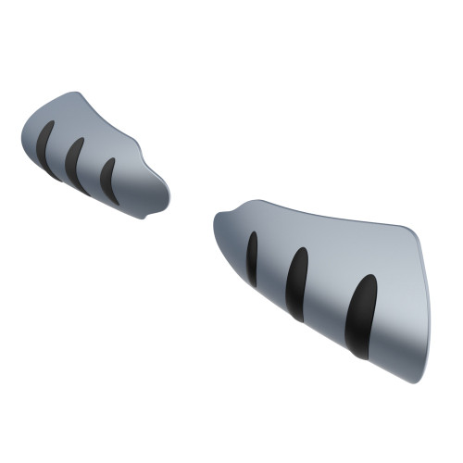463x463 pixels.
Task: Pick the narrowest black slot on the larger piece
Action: tap(252, 258)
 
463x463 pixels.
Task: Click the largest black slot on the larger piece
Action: tap(360, 315)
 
